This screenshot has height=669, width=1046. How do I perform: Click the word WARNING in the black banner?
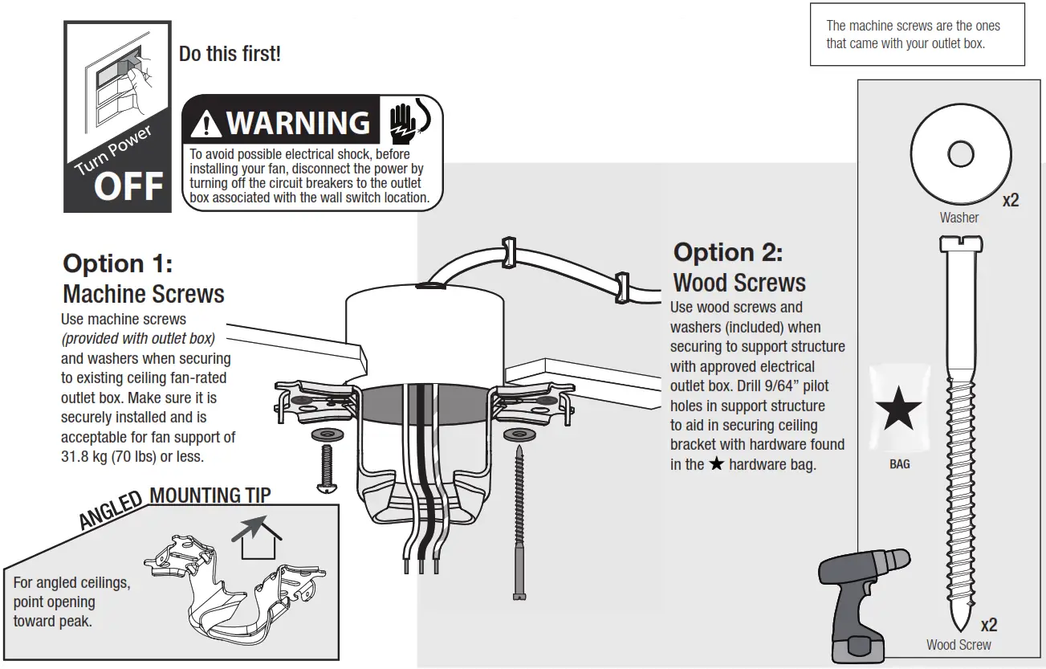(298, 123)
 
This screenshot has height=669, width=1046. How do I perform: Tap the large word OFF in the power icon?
(128, 186)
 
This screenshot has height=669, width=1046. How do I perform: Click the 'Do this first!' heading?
(230, 55)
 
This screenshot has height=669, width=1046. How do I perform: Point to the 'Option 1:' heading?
(117, 263)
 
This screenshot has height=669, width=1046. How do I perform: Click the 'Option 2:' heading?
(727, 252)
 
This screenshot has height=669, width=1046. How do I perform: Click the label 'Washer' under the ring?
(959, 218)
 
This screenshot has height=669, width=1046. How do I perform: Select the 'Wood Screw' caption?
(958, 645)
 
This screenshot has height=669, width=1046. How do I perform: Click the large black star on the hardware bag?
(898, 411)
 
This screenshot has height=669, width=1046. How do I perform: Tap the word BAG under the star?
(899, 464)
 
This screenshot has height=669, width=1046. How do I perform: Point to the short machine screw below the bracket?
(327, 469)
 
